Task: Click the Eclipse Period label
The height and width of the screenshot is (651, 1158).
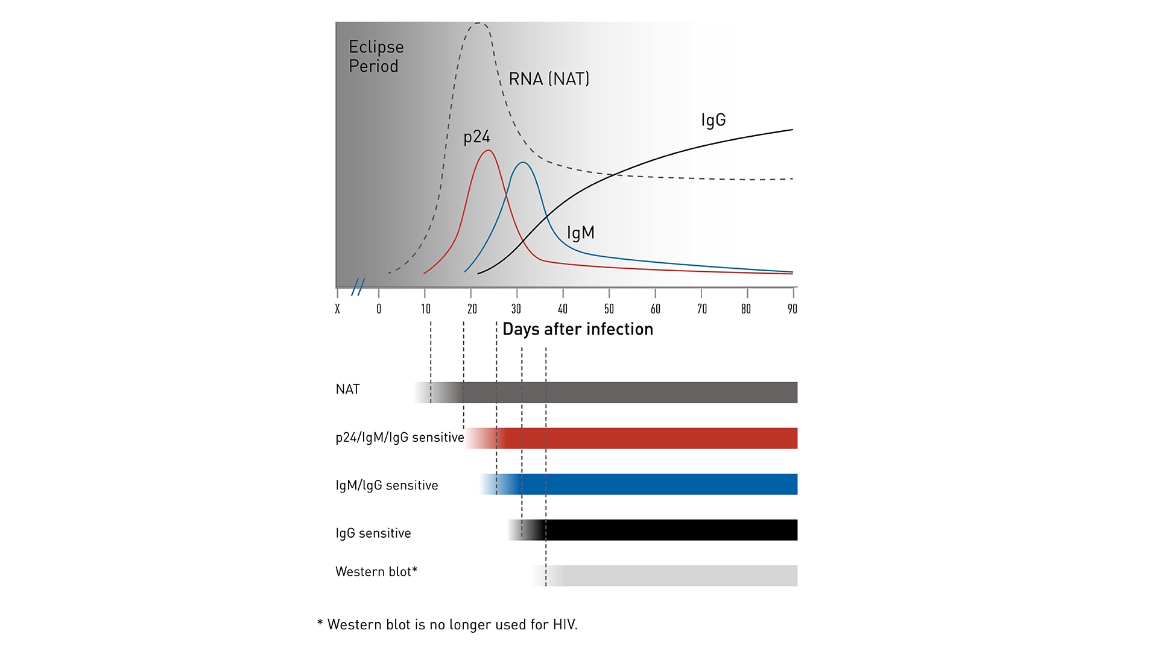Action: point(376,56)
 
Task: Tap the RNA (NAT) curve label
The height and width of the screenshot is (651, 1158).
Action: point(548,79)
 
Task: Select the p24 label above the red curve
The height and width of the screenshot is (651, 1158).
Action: point(476,137)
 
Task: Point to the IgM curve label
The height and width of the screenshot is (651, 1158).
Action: point(580,233)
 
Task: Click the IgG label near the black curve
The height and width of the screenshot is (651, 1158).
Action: point(713,120)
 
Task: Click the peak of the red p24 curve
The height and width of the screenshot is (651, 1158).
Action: point(488,150)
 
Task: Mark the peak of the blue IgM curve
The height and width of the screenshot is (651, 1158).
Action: point(523,163)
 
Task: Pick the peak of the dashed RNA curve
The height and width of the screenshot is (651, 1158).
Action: point(478,24)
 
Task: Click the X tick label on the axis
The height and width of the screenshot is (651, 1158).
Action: point(337,309)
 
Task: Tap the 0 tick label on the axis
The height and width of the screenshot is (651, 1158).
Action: point(379,309)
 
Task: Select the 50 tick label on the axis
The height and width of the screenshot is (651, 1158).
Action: point(609,309)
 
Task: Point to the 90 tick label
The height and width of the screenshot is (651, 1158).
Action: point(792,309)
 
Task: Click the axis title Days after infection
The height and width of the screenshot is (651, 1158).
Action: point(577,329)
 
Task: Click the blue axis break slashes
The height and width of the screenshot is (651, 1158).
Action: point(358,286)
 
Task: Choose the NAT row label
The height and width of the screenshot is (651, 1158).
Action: point(347,389)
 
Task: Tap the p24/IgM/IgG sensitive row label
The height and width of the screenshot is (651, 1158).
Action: point(399,438)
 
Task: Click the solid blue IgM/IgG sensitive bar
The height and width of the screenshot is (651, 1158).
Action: point(657,484)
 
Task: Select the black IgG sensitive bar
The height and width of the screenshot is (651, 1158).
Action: point(669,530)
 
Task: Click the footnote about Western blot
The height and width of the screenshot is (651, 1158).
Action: point(447,624)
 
